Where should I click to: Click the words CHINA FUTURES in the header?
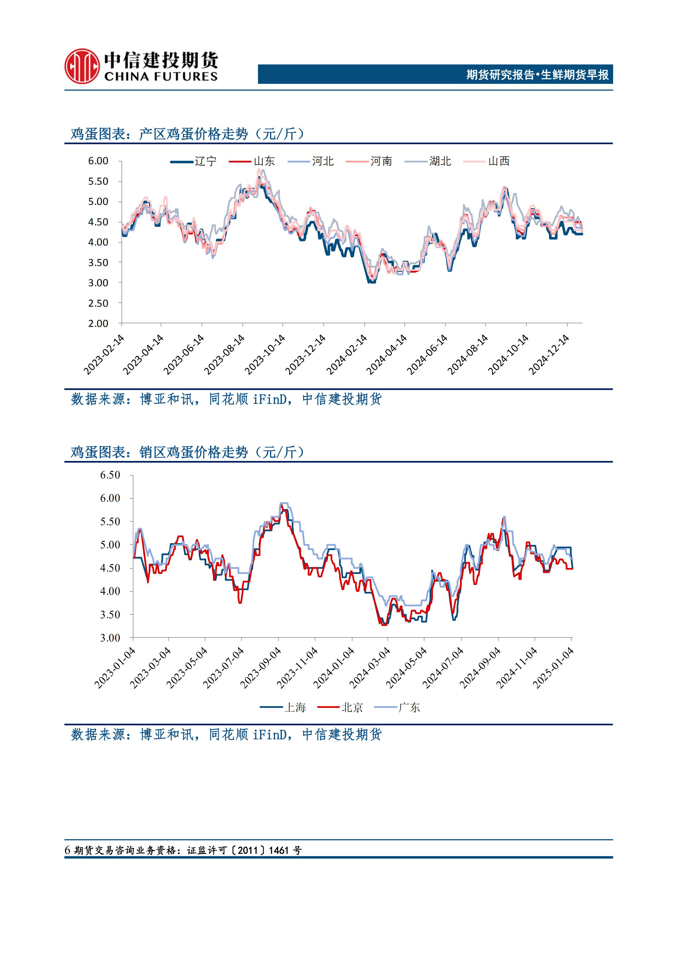pos(161,77)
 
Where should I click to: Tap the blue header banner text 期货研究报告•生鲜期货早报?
pos(537,75)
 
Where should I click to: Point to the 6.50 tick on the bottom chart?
pos(110,475)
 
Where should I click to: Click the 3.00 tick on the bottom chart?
pos(110,638)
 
